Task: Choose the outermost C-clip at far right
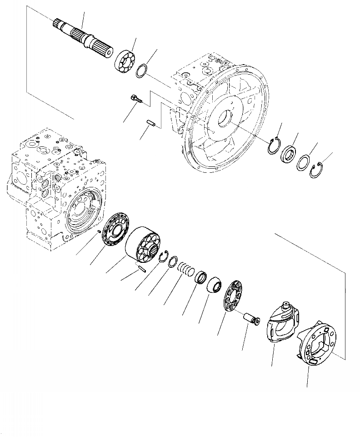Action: point(317,171)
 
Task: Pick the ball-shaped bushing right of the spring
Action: point(215,286)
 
